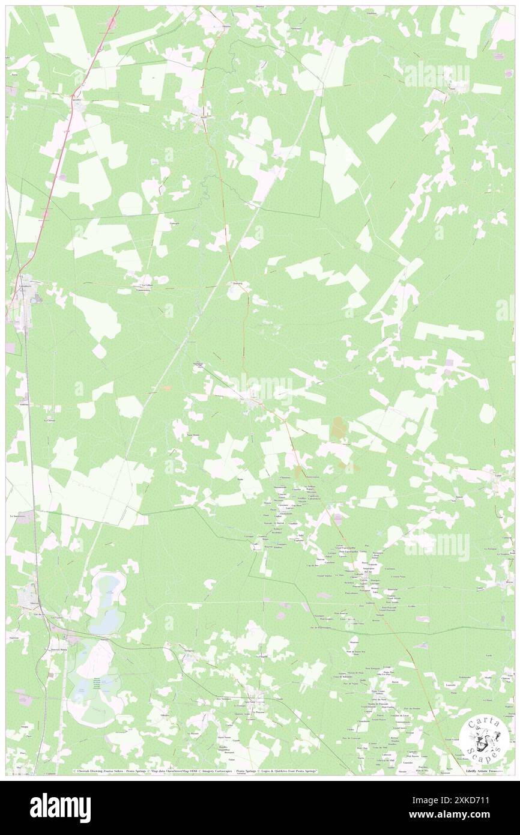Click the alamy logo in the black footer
pos(60,808)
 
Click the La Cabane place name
pos(146,285)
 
